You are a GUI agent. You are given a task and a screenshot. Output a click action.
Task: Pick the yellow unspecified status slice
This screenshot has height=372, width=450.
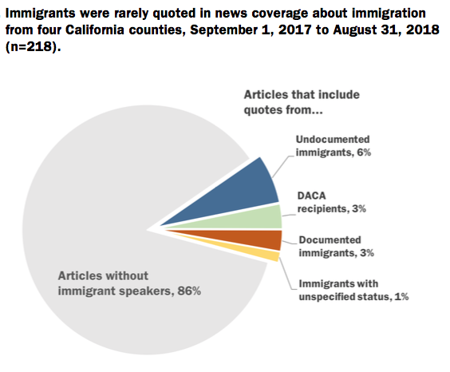point(259,252)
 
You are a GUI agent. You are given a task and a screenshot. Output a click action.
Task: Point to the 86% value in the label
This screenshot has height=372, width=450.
point(189,291)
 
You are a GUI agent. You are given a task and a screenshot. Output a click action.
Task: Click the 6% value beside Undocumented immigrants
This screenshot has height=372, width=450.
point(364,152)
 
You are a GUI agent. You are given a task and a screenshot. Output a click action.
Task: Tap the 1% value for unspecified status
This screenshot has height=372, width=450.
point(401,296)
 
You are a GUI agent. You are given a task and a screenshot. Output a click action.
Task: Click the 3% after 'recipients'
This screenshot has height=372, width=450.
point(359,208)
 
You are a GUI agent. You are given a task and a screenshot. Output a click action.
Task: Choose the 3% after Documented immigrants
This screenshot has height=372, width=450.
point(367,253)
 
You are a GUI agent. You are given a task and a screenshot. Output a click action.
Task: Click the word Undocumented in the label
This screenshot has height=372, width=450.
point(333,139)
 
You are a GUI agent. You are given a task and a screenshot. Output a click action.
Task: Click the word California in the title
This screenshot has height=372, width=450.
point(95,30)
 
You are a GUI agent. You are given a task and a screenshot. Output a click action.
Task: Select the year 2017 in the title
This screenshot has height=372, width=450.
point(294,30)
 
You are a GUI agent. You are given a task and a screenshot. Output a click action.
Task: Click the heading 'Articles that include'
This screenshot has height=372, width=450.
point(302,95)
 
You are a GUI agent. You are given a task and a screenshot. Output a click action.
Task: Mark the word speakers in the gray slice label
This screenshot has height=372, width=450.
point(146,291)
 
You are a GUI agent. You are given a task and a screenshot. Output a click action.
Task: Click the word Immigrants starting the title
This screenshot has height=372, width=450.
point(40,14)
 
